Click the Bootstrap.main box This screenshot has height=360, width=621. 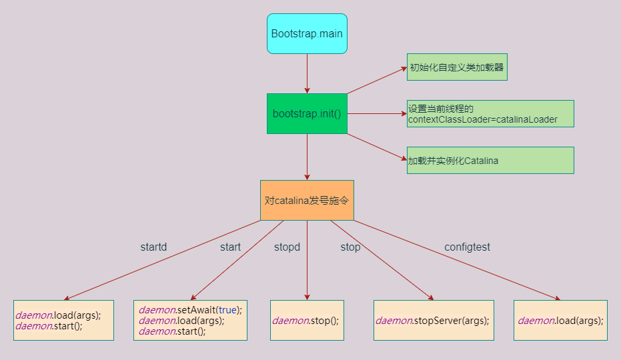tap(307, 33)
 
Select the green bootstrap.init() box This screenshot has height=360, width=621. tap(307, 113)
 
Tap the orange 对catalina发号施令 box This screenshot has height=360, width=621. tap(307, 200)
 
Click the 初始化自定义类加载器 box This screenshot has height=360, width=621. tap(457, 67)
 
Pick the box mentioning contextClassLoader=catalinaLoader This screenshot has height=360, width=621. tap(490, 114)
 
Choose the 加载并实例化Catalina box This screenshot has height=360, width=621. tap(490, 161)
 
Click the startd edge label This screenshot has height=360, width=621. tap(153, 247)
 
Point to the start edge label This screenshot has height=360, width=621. tap(230, 247)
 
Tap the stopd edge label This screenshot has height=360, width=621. tap(287, 247)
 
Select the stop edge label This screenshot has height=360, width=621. tap(350, 247)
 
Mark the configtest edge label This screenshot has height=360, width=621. tap(467, 247)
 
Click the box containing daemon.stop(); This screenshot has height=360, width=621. tap(307, 321)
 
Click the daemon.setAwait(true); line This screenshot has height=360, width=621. tap(190, 310)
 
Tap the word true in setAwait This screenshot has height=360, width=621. tap(227, 310)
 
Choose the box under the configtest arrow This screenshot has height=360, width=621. tap(560, 321)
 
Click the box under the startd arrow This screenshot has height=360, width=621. tap(63, 321)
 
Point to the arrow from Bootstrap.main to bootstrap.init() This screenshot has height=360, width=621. tap(307, 73)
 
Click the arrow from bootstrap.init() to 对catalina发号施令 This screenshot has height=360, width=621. tap(307, 157)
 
